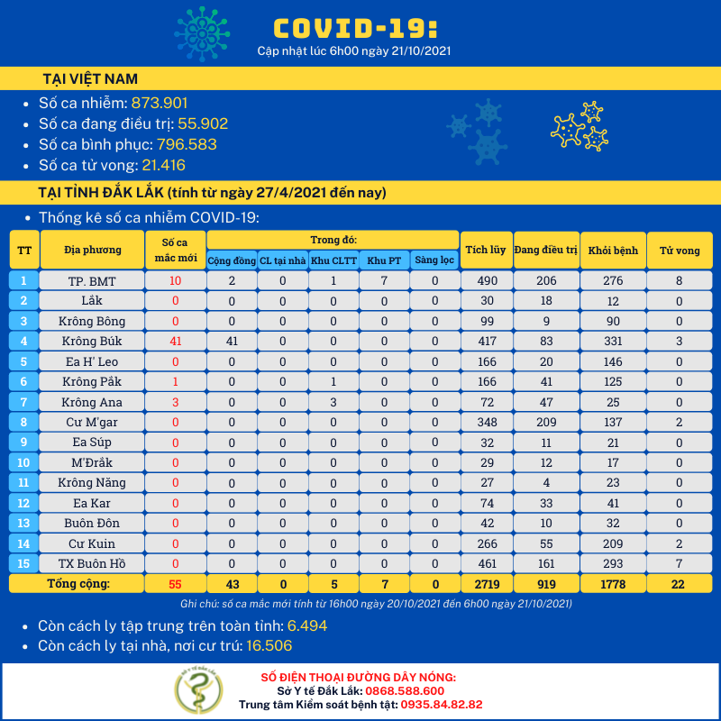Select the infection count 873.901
[x=160, y=103]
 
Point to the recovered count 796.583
[x=187, y=144]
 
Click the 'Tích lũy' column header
[x=484, y=250]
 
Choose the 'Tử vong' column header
[x=680, y=250]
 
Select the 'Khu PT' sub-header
[x=384, y=260]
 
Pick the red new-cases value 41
[x=176, y=342]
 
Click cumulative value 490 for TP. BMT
[x=485, y=281]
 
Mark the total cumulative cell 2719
[x=485, y=584]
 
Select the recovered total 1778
[x=613, y=584]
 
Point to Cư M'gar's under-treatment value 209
[x=545, y=423]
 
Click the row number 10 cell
[x=24, y=463]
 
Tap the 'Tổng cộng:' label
[x=78, y=584]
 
